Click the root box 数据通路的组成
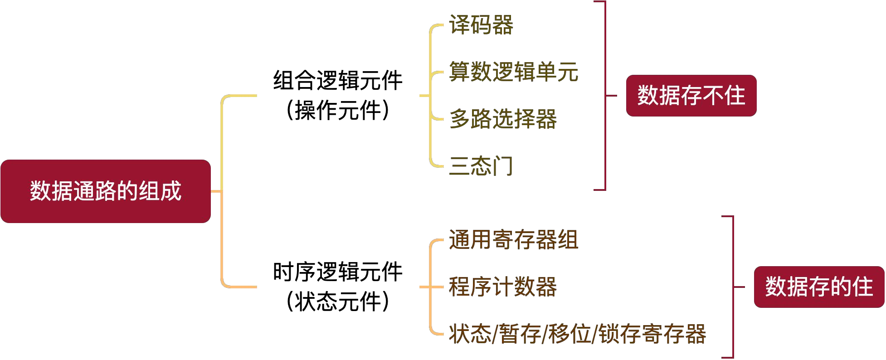pos(106,191)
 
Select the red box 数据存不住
pos(691,96)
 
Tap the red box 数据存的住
pos(819,287)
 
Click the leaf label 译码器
pos(481,25)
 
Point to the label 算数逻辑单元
pos(514,72)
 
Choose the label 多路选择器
pos(503,119)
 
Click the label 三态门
pos(481,166)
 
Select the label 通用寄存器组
pos(514,240)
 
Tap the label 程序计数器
pos(503,287)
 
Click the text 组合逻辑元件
pos(338,81)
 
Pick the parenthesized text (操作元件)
pos(338,110)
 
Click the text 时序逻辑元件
pos(338,272)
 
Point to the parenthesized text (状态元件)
pos(338,302)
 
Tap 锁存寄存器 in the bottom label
pos(652,334)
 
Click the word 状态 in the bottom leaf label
pos(470,334)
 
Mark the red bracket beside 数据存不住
pos(605,96)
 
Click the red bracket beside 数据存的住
pos(733,287)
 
